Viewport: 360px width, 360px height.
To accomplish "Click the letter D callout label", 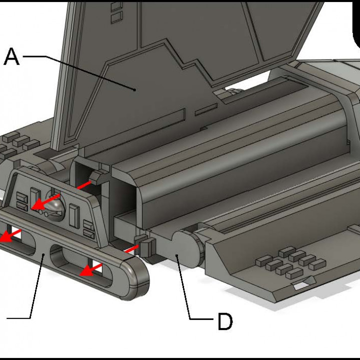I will [224, 322].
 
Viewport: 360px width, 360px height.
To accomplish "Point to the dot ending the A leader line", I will [135, 90].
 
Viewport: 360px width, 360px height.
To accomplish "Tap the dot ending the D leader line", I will [177, 255].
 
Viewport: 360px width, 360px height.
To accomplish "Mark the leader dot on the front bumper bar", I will [44, 255].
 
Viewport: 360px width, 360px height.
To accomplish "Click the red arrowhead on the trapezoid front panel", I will [36, 205].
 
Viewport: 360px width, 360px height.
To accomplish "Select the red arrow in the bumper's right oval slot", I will [88, 271].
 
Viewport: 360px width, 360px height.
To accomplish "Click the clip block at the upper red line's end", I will [99, 175].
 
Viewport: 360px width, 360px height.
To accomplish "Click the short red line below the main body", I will [131, 248].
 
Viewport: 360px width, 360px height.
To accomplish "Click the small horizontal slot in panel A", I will [205, 108].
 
